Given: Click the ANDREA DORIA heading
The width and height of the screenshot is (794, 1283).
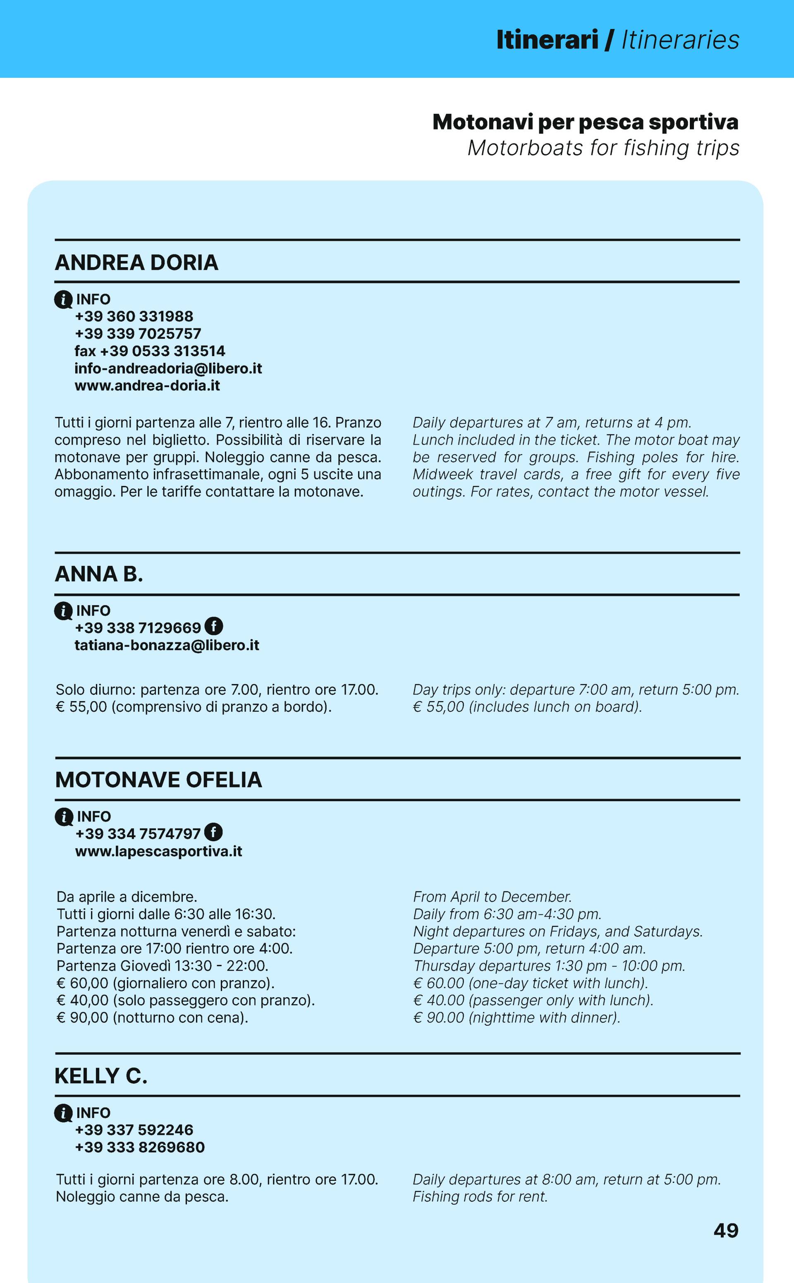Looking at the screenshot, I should tap(136, 263).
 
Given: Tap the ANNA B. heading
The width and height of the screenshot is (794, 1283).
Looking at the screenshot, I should tap(99, 574).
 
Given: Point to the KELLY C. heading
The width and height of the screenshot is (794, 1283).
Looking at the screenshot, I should tap(101, 1076).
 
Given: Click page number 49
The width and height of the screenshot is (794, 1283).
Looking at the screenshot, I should tap(726, 1230).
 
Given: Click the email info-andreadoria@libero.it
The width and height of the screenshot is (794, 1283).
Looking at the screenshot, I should tap(168, 368).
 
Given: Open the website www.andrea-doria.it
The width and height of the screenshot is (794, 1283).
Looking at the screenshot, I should tap(147, 385).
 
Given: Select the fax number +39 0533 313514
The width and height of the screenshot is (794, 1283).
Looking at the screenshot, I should tap(150, 351).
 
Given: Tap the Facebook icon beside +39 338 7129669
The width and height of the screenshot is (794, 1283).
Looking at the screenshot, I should tap(214, 626).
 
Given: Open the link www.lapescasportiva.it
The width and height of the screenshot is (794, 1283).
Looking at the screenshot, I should tap(158, 851).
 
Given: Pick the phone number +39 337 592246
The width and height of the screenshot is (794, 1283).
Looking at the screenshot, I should tap(134, 1130).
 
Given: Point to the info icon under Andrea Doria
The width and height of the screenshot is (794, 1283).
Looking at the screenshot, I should tap(63, 299).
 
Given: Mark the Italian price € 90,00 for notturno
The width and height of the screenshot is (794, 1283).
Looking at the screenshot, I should tap(82, 1017).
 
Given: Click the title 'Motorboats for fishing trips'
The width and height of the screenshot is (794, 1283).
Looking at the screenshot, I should tap(603, 148).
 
